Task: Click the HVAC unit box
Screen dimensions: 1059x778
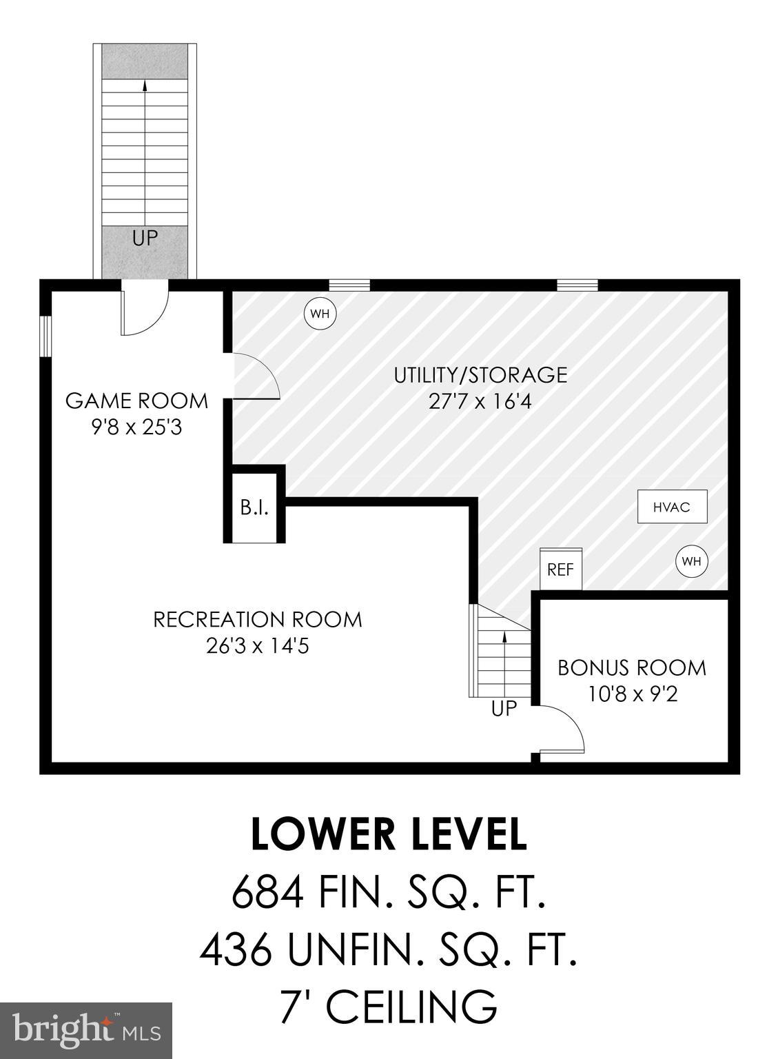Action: click(x=672, y=507)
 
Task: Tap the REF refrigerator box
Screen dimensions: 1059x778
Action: click(x=560, y=569)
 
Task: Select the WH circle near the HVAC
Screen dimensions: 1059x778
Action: click(x=692, y=561)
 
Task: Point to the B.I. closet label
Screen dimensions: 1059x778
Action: click(x=254, y=509)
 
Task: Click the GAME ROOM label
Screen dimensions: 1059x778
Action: click(x=136, y=400)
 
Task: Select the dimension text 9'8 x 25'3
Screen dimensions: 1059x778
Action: click(x=136, y=427)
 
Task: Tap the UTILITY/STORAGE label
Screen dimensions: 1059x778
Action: click(x=480, y=375)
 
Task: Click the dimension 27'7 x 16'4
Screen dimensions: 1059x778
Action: click(x=480, y=401)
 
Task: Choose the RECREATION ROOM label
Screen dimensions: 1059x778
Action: click(x=257, y=619)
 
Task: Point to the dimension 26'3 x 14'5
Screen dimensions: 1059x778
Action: click(x=257, y=646)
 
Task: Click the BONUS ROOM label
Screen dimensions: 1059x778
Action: click(x=632, y=667)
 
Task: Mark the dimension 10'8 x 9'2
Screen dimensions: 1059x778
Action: click(x=632, y=694)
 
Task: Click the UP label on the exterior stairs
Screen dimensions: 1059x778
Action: click(x=145, y=239)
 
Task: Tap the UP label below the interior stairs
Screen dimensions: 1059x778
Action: click(x=504, y=708)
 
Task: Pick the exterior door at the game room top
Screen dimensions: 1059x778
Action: click(x=145, y=309)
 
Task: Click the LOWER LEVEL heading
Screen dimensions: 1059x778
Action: click(x=389, y=834)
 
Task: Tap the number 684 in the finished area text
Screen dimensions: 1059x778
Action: click(x=267, y=893)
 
